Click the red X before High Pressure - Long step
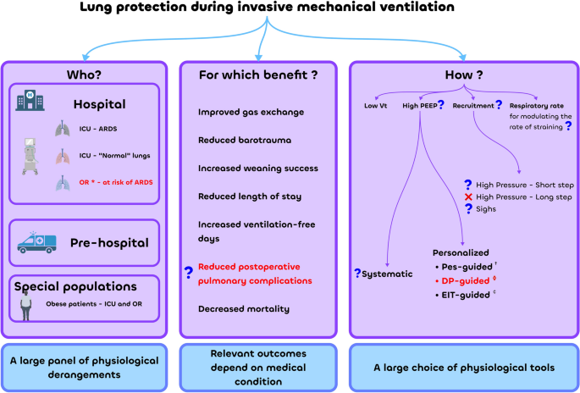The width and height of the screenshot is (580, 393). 468,196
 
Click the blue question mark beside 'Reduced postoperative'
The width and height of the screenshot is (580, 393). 189,273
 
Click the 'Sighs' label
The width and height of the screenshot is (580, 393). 489,208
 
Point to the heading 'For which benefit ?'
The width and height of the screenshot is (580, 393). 258,75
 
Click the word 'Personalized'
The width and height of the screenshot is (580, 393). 461,252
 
